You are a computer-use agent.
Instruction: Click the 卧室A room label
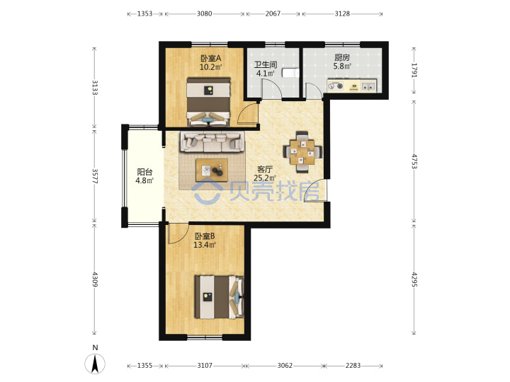(211, 59)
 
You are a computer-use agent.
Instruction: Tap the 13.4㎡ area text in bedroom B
(205, 245)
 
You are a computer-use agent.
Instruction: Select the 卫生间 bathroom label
(266, 64)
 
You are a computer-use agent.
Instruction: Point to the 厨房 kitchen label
(342, 57)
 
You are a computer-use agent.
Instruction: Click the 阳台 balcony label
(144, 172)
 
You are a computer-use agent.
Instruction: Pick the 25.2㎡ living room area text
(265, 178)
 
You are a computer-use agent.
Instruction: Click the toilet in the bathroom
(290, 73)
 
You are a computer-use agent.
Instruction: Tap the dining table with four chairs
(302, 151)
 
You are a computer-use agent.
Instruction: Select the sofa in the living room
(212, 141)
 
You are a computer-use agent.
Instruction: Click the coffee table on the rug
(212, 170)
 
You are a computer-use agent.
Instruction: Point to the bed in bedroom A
(208, 102)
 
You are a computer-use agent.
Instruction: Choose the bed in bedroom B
(219, 297)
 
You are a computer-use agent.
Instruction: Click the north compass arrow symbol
(95, 364)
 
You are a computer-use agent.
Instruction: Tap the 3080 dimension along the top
(204, 13)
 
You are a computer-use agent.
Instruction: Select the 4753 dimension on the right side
(414, 161)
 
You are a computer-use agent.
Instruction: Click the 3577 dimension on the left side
(95, 175)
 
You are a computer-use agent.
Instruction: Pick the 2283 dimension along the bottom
(353, 366)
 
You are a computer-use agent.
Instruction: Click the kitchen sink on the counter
(368, 86)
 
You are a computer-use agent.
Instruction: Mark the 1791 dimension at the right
(414, 70)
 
